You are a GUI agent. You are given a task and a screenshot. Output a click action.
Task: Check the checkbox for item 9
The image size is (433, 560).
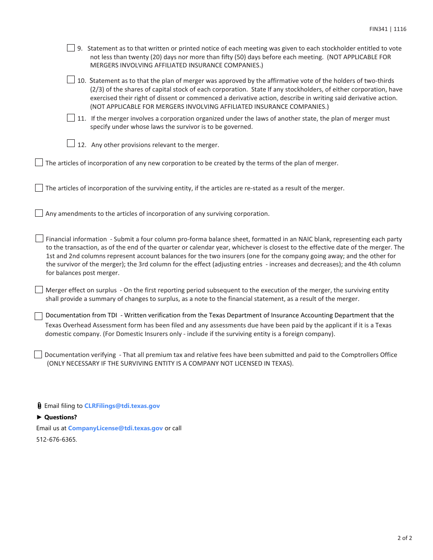coord(71,48)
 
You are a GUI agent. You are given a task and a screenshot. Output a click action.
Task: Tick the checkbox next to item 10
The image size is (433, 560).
coord(71,80)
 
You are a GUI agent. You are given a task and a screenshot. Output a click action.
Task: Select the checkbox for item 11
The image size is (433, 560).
coord(71,118)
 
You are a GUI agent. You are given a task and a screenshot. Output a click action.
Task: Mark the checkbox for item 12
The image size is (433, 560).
coord(71,143)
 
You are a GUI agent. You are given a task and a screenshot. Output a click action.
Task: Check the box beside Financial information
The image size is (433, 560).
coord(39,239)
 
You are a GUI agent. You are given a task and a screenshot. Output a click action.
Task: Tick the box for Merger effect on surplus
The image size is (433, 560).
coord(39,290)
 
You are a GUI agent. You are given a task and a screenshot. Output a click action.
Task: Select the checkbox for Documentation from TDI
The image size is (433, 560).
coord(39,316)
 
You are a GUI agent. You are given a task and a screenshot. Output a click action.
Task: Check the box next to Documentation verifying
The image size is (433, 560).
coord(38,355)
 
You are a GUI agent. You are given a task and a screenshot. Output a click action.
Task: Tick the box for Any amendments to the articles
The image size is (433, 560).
coord(39,213)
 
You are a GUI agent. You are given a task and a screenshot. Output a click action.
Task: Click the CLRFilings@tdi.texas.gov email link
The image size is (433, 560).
coord(122,406)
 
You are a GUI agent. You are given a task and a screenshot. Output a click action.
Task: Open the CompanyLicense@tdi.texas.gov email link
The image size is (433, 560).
coord(115,428)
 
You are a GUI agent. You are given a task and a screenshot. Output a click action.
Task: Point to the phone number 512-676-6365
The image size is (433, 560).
coord(57,439)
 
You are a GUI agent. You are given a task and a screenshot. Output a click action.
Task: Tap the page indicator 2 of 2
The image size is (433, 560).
coord(404,538)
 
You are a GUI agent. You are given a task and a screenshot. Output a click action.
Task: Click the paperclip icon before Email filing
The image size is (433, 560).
coord(39,406)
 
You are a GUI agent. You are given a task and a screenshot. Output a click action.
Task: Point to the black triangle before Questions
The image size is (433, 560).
coord(39,417)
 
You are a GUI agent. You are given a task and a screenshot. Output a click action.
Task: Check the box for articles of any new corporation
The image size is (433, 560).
coord(39,163)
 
